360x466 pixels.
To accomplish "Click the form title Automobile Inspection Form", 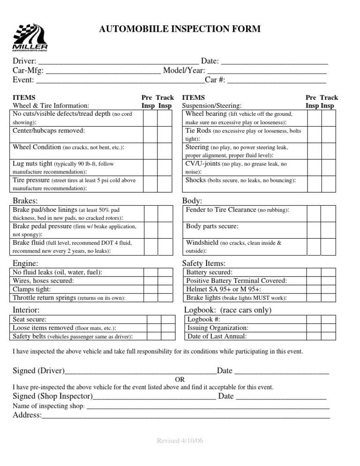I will [180, 30].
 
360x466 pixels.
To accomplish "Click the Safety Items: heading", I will [204, 263].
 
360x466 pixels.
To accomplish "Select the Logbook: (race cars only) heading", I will [228, 310].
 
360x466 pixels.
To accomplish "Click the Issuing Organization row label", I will [218, 328].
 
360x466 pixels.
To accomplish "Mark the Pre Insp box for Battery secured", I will [314, 272].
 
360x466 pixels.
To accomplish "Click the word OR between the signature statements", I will [180, 379].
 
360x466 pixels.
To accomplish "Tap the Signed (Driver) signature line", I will [141, 372].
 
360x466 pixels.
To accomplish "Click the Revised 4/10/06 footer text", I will [180, 442].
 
